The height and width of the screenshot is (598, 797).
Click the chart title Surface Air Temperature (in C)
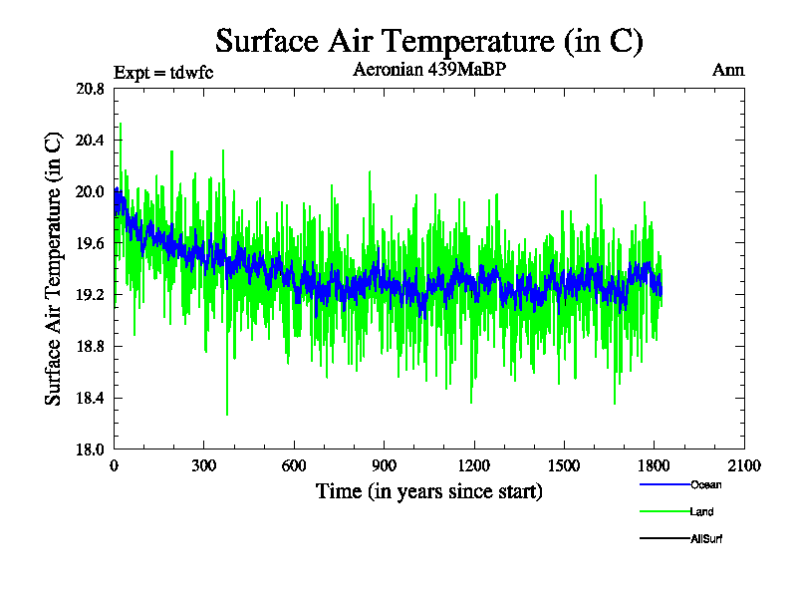429,41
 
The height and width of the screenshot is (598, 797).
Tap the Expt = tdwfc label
163,72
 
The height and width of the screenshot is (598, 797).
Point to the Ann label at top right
728,70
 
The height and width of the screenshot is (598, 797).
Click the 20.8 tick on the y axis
90,89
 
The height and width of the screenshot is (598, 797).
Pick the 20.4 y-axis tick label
90,141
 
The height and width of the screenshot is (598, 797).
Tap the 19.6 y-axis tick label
90,244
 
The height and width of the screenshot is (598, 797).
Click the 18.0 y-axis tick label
90,449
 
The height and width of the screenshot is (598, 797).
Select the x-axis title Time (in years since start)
429,491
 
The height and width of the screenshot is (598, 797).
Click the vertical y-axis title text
54,269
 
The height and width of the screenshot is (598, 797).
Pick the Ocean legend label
705,485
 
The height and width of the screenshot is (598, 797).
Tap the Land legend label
701,512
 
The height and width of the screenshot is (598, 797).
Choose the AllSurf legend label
706,539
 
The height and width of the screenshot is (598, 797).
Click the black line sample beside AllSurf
664,539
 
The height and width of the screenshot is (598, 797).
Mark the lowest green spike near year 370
227,414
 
